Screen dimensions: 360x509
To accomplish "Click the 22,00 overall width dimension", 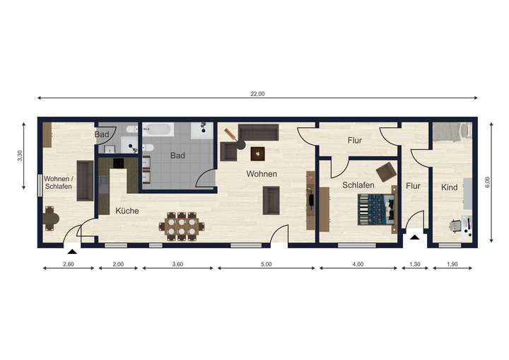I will pos(257,93).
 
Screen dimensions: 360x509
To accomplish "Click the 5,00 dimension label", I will pos(265,265).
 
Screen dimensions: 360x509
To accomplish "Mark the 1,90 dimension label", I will pos(450,265).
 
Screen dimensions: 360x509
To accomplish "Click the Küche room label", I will pos(127,211).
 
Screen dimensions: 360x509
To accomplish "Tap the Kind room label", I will pos(450,187).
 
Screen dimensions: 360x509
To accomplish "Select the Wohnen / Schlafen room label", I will pos(58,182).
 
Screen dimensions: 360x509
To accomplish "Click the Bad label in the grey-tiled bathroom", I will pos(177,155).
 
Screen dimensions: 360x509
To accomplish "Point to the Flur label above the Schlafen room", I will pos(354,141).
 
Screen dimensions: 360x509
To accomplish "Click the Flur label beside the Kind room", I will pos(414,187).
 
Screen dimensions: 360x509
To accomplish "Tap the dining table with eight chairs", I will pos(182,226).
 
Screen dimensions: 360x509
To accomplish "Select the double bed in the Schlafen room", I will pos(375,209).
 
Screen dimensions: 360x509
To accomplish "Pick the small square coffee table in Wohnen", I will pos(257,152).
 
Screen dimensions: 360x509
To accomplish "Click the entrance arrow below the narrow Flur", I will pos(414,236).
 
